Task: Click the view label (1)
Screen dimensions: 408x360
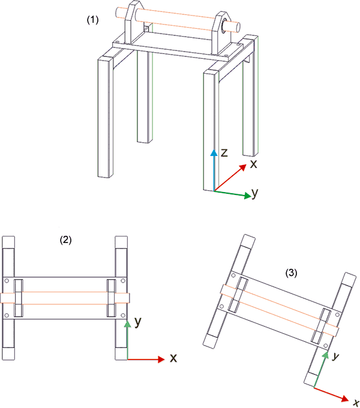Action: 92,19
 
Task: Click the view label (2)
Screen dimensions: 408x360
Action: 65,239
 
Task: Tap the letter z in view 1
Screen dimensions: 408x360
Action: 224,153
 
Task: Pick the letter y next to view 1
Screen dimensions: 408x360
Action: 255,193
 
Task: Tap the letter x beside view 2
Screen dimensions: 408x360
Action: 173,358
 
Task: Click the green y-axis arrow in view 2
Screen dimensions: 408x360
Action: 127,340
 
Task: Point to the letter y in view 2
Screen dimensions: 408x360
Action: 138,322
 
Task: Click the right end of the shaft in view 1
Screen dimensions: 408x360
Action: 238,26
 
